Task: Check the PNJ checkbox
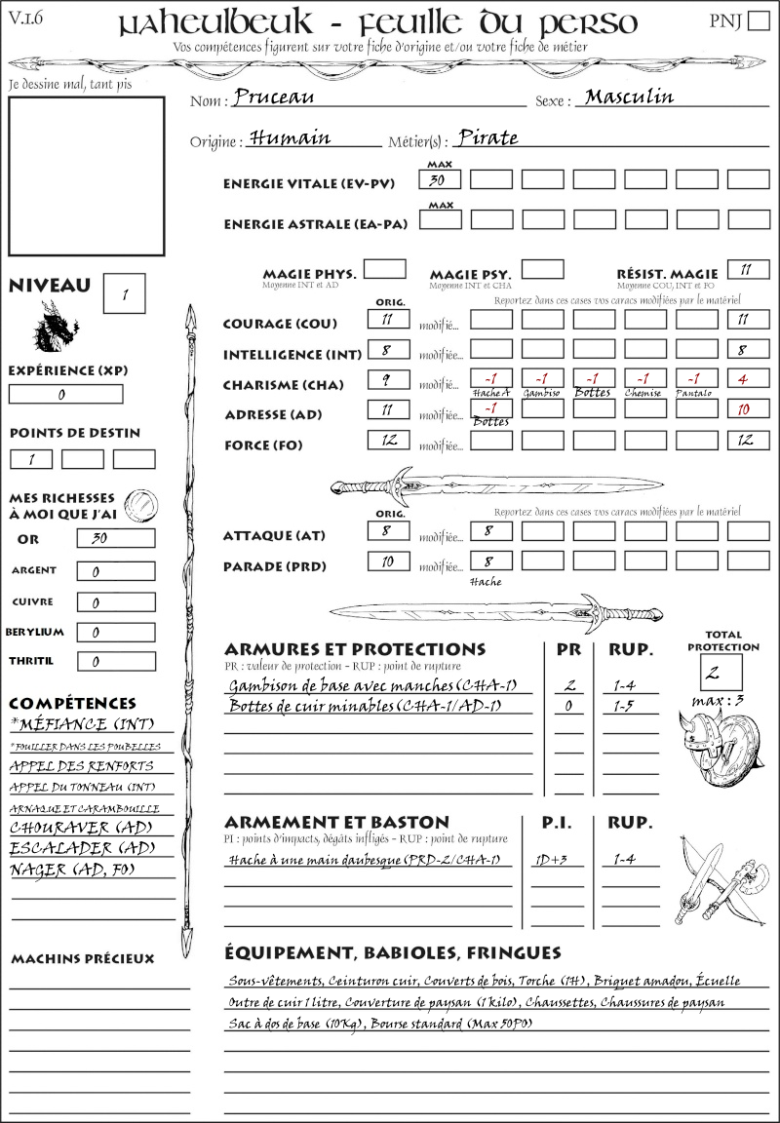[757, 21]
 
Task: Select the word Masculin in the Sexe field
[629, 97]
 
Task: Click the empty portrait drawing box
[86, 174]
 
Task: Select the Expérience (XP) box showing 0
[65, 394]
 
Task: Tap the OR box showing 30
[115, 538]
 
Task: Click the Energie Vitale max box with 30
[439, 179]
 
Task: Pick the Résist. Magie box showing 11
[748, 269]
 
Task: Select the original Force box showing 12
[388, 440]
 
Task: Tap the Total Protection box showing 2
[721, 672]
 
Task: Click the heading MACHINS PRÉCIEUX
[82, 959]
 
